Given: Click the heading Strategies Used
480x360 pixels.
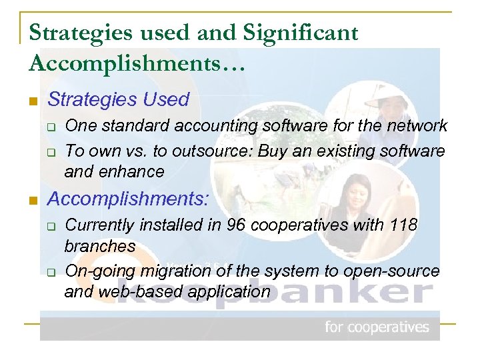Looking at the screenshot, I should pos(119,100).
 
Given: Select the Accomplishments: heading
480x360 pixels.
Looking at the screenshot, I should pos(129,199).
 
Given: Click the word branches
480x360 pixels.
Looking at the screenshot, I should pos(99,245).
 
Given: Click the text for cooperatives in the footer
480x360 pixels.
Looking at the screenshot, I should pos(377,327).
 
